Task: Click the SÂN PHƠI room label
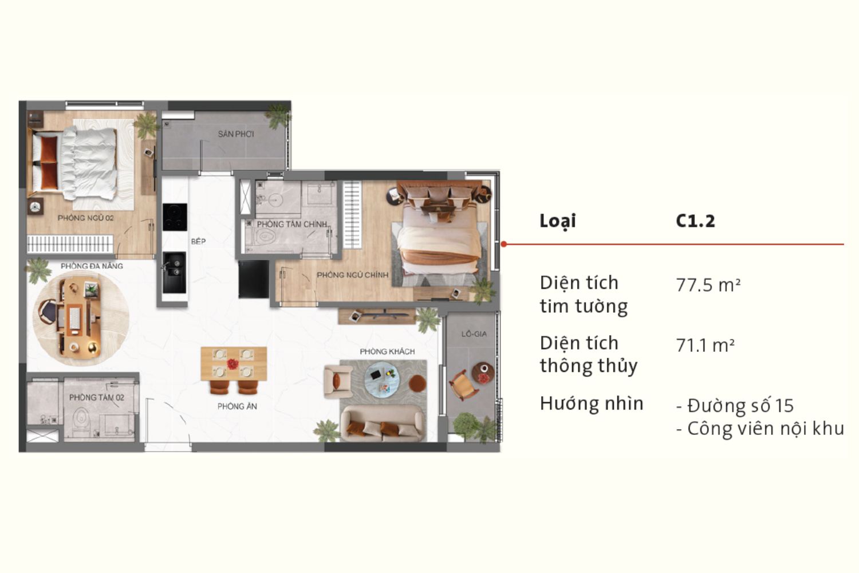coord(235,134)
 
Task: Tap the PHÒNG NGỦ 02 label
coord(86,218)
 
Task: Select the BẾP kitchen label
coord(198,241)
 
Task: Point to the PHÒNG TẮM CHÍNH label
coord(291,224)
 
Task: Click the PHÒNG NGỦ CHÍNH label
coord(352,275)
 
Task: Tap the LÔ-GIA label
coord(474,333)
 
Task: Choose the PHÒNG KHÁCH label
coord(387,351)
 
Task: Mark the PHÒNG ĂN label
coord(237,406)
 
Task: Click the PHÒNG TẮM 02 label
coord(96,397)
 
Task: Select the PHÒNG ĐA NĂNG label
coord(92,266)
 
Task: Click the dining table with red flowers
coord(233,363)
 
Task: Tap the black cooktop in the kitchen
coord(175,217)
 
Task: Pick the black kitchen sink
coord(174,272)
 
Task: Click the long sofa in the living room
coord(383,424)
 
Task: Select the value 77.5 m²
coord(708,285)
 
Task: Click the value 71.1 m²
coord(705,346)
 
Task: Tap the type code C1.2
coord(695,221)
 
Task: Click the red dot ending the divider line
coord(504,244)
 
